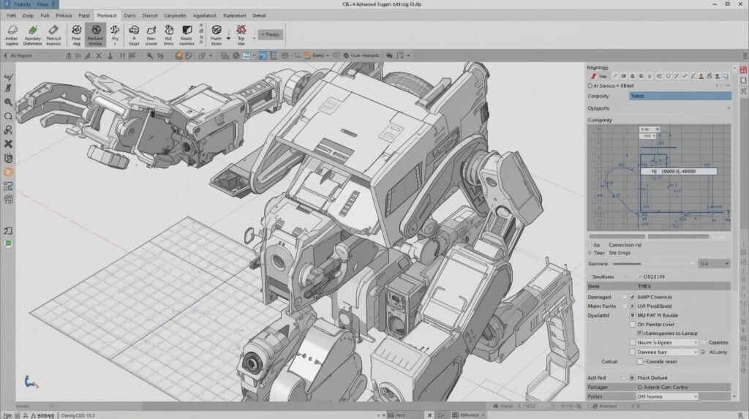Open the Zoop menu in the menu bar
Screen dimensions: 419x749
(28, 15)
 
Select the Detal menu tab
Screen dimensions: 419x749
(259, 15)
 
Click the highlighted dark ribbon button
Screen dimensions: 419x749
(95, 34)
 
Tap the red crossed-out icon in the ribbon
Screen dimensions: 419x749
(241, 31)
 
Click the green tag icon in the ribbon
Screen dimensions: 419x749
(32, 31)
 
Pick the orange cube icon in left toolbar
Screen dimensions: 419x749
(8, 172)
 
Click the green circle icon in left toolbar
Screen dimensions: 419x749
(8, 244)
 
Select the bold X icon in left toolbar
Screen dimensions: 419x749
(8, 144)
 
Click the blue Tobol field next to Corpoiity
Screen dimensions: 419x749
(680, 96)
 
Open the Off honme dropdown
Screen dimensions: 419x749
(666, 396)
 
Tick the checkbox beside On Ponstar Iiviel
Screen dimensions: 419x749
(633, 323)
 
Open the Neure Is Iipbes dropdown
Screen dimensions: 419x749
(666, 342)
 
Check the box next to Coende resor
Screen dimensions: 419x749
(640, 361)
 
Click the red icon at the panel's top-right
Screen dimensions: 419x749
(743, 69)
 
